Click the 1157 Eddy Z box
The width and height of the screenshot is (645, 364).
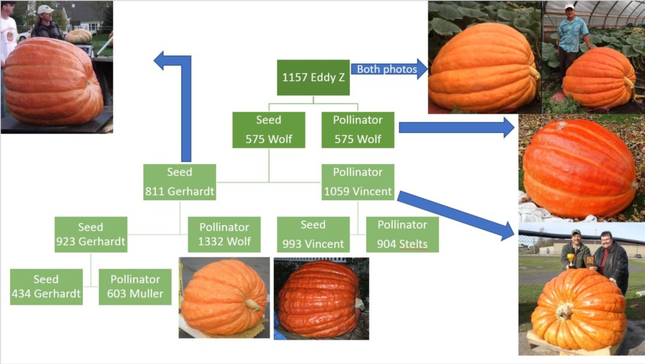[x=313, y=77]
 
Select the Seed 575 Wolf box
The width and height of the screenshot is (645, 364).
[x=269, y=130]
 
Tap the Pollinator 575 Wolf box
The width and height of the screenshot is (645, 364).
[x=358, y=130]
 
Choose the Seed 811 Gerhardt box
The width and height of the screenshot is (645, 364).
[x=179, y=182]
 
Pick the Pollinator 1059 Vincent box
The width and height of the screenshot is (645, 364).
[x=358, y=182]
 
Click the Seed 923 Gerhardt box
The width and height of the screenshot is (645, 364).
[x=91, y=234]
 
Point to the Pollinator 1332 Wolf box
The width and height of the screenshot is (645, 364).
[x=224, y=234]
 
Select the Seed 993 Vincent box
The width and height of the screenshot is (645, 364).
[x=313, y=234]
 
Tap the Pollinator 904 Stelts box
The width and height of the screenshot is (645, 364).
[x=402, y=234]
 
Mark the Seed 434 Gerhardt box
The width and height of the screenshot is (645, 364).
[x=46, y=287]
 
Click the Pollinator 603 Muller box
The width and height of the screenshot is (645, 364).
[x=135, y=287]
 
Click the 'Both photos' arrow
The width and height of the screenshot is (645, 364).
[x=389, y=69]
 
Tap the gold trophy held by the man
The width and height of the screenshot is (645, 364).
[x=571, y=259]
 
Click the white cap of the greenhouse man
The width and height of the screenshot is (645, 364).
[x=569, y=7]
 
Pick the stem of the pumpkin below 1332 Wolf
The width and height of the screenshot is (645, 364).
[x=253, y=305]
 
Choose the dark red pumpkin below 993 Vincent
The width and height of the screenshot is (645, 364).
[x=318, y=299]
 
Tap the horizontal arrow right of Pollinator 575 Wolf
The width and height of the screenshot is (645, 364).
[x=457, y=128]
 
